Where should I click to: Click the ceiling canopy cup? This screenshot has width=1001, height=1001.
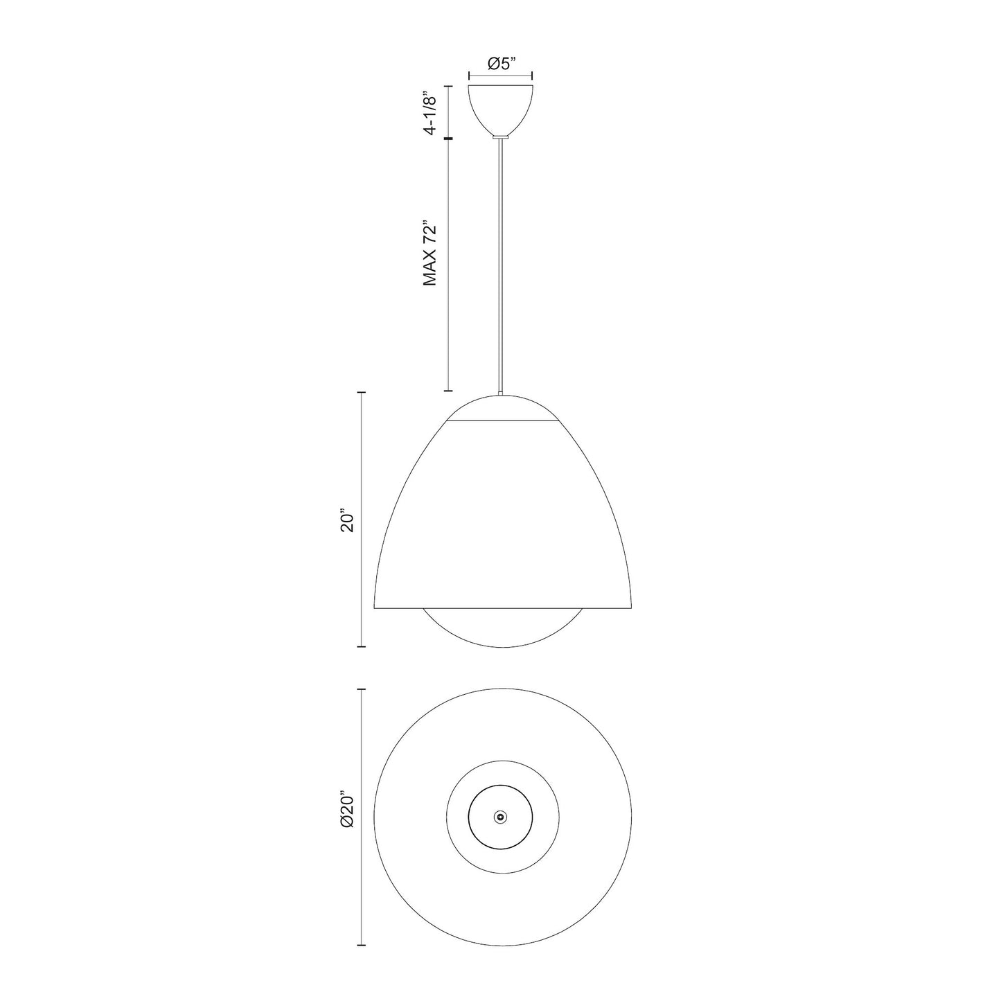[x=501, y=108]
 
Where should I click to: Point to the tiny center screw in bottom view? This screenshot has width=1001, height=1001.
[x=500, y=817]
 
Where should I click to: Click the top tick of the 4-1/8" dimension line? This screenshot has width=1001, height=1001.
[x=448, y=86]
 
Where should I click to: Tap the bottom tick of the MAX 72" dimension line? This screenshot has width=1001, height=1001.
[x=448, y=391]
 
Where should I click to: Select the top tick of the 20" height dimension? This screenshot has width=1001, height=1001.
[x=361, y=392]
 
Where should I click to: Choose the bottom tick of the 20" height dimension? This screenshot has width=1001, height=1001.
[x=361, y=646]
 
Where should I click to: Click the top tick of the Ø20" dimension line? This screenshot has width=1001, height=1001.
[x=361, y=689]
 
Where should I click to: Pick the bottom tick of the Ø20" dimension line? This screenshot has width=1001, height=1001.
[x=361, y=945]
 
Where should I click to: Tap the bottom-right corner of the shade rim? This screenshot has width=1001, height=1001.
[x=632, y=608]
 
